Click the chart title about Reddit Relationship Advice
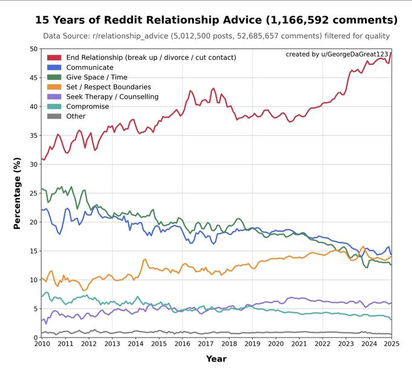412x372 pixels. (216, 20)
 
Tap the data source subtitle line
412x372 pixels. (216, 36)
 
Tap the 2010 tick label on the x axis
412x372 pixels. (42, 345)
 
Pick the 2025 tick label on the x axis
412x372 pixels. (391, 345)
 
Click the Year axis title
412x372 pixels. (216, 359)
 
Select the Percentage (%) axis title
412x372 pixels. (18, 193)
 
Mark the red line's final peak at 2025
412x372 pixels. (391, 53)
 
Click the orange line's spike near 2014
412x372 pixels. (145, 259)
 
